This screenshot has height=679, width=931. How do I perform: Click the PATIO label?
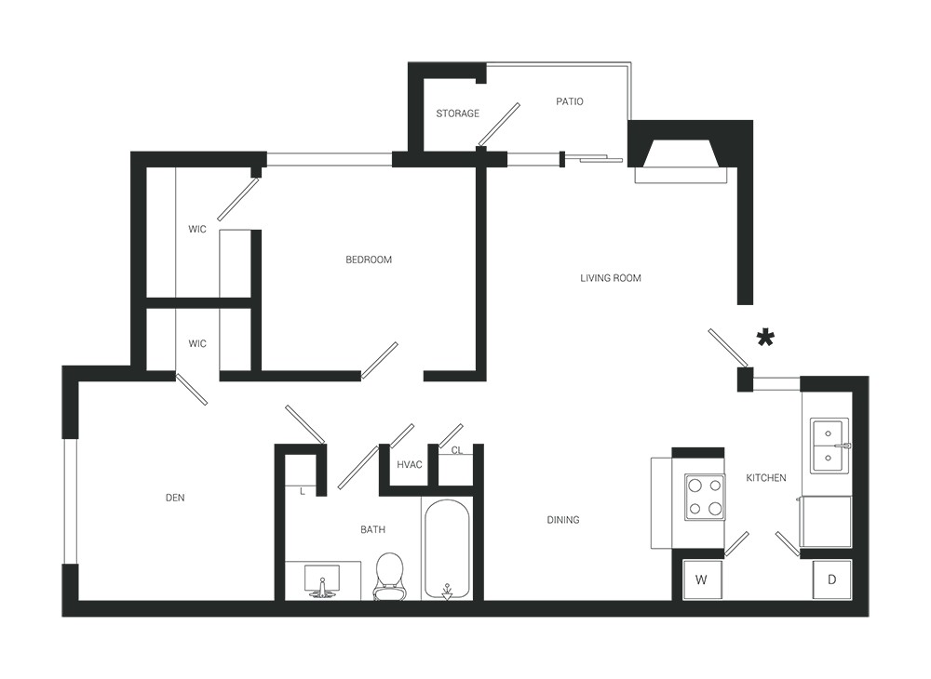[570, 101]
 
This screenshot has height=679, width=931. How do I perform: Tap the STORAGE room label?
[457, 113]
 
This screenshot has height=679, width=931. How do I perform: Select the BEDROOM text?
[369, 260]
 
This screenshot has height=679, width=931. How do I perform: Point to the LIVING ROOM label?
[611, 277]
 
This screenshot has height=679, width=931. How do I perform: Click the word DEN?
[175, 498]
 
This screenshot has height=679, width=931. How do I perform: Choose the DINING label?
[563, 519]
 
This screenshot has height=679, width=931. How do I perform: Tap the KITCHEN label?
[766, 477]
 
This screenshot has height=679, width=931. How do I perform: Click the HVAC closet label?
[409, 464]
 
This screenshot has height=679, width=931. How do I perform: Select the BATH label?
[373, 529]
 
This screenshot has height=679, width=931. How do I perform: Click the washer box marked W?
[702, 579]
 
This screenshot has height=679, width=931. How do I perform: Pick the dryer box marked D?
[831, 579]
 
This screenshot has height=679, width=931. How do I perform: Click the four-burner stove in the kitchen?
[706, 497]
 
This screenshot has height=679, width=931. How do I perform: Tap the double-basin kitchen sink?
[829, 446]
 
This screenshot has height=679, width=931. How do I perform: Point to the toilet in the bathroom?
[389, 577]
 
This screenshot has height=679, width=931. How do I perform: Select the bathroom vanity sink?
[322, 580]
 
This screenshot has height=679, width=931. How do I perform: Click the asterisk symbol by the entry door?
[765, 339]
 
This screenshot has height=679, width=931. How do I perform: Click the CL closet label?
[456, 450]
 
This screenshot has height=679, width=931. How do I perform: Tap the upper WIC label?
[197, 229]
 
